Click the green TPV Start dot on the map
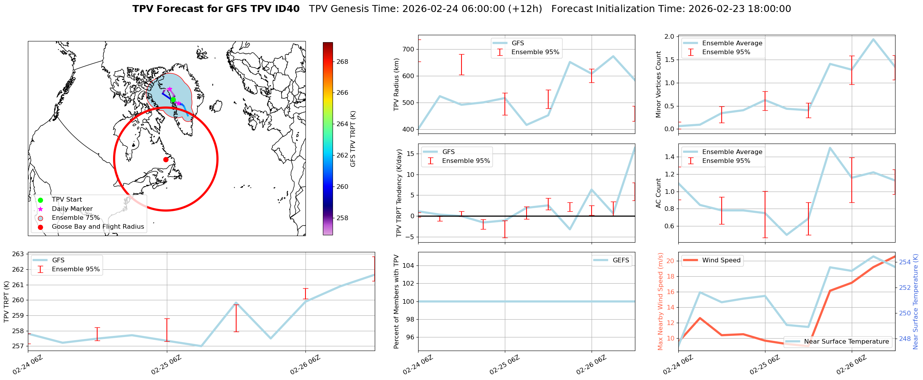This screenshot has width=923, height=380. pos(173,100)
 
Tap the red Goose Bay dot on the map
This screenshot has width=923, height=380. pos(166,159)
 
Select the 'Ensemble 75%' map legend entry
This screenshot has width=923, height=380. pos(75,218)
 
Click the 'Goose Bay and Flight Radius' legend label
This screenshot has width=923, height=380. pos(98,227)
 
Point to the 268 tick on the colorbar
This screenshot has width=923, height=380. pos(342,62)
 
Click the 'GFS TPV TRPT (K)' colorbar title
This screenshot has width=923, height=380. pos(353,139)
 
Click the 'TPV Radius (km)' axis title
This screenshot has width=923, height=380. pos(396,84)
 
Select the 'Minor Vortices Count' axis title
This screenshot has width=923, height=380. pos(658,84)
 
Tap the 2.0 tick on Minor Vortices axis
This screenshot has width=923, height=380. pos(669,37)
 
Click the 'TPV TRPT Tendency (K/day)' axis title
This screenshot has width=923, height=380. pos(399,193)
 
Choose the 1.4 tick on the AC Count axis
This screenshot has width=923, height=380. pos(669,157)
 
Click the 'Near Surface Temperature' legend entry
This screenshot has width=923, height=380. pos(846,342)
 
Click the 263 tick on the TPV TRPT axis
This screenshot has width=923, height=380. pos(18,254)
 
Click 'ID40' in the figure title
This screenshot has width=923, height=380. pos(287,9)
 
